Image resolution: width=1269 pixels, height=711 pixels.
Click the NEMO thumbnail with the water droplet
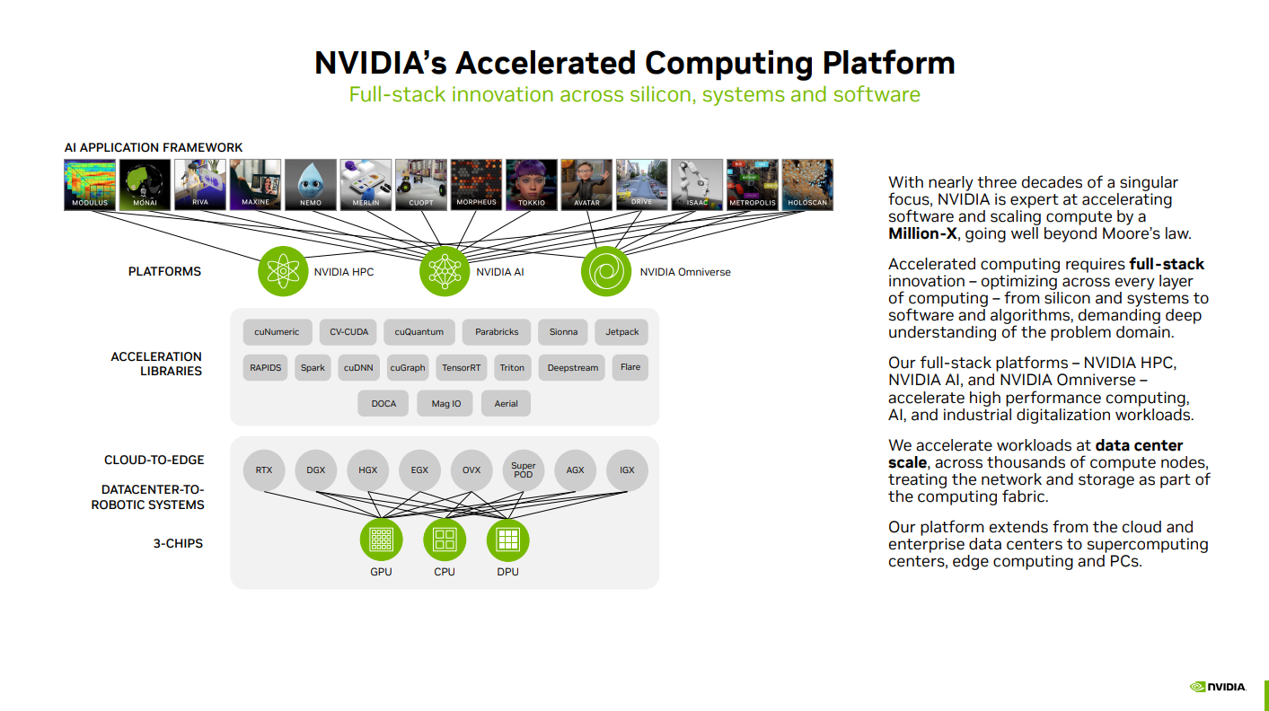[x=310, y=184]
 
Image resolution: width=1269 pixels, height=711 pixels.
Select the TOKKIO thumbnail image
[x=531, y=184]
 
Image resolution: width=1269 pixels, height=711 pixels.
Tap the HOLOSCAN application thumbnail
[x=806, y=184]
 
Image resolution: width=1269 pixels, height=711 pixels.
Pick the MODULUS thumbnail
[x=90, y=184]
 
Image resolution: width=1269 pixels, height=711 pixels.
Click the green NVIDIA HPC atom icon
[x=283, y=271]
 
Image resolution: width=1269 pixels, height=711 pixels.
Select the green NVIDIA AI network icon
[x=445, y=271]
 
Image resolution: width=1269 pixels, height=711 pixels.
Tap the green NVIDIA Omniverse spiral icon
[x=606, y=271]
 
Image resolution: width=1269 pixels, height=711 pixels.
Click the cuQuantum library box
[x=419, y=332]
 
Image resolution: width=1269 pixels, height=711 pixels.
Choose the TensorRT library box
[x=462, y=368]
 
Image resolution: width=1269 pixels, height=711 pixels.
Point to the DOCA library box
[x=383, y=404]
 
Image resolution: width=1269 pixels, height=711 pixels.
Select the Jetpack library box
[x=621, y=332]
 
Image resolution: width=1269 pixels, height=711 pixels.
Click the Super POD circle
[x=524, y=470]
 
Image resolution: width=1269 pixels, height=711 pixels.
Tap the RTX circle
[x=264, y=470]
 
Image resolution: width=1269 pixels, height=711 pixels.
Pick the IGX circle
[x=627, y=470]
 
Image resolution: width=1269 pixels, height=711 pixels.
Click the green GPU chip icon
[x=382, y=540]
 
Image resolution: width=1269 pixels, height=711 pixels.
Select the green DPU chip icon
[x=507, y=540]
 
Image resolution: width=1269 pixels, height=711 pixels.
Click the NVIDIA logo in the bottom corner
[x=1218, y=687]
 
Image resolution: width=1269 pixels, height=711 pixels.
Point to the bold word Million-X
[x=922, y=233]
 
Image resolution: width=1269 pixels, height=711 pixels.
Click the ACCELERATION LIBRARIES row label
[x=156, y=364]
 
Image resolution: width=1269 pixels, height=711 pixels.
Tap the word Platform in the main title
[x=888, y=63]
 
